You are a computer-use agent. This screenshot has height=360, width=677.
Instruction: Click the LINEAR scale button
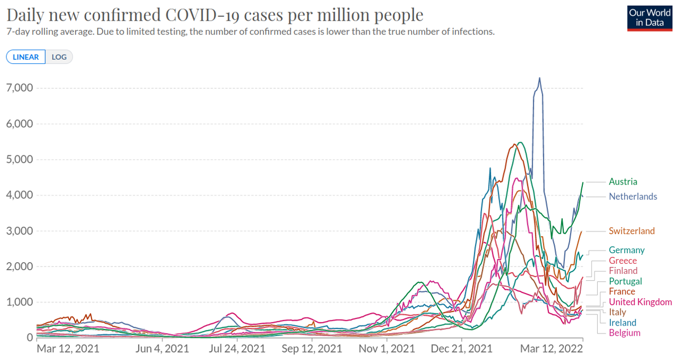point(26,57)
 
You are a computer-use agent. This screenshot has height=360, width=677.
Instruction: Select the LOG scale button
point(59,57)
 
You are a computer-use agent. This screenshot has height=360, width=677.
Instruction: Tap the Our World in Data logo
point(649,18)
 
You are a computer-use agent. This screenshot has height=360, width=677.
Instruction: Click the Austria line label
point(623,181)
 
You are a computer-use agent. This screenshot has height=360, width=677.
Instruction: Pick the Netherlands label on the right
point(633,197)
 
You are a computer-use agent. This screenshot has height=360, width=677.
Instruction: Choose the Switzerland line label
point(632,231)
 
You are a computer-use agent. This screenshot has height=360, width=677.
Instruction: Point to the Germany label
point(626,250)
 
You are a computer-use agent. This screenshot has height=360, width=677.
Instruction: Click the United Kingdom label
point(640,302)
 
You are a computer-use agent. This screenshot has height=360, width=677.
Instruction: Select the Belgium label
point(624,333)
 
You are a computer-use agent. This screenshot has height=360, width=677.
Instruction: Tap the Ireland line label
point(623,322)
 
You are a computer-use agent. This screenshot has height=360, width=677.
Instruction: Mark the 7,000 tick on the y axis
point(19,88)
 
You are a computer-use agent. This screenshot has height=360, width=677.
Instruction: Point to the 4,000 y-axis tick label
point(19,195)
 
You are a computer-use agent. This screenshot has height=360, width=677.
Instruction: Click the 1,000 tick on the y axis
point(19,302)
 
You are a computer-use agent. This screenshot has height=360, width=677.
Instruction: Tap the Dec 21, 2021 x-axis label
point(462,349)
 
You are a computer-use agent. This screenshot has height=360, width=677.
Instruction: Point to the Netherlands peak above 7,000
point(539,78)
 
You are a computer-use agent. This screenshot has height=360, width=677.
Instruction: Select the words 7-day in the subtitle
point(19,32)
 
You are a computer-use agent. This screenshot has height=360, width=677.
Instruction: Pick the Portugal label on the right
point(625,281)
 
